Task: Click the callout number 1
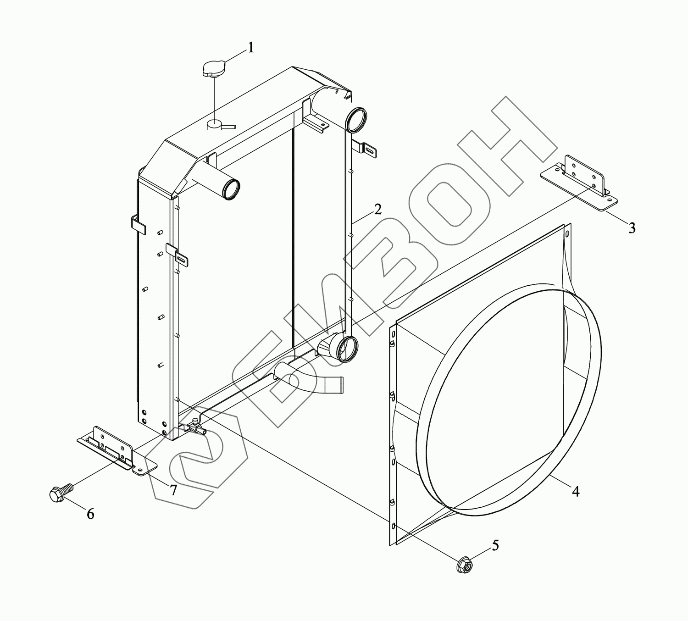coord(251,48)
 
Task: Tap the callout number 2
coord(377,209)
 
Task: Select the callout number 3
coord(632,228)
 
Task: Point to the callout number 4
coord(576,492)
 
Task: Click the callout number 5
coord(496,545)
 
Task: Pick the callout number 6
coord(90,514)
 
